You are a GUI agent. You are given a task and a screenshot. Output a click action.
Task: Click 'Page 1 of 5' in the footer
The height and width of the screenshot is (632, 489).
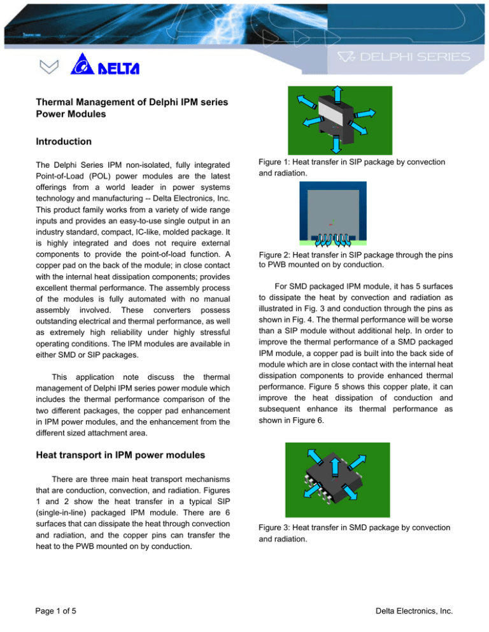click(x=57, y=612)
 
